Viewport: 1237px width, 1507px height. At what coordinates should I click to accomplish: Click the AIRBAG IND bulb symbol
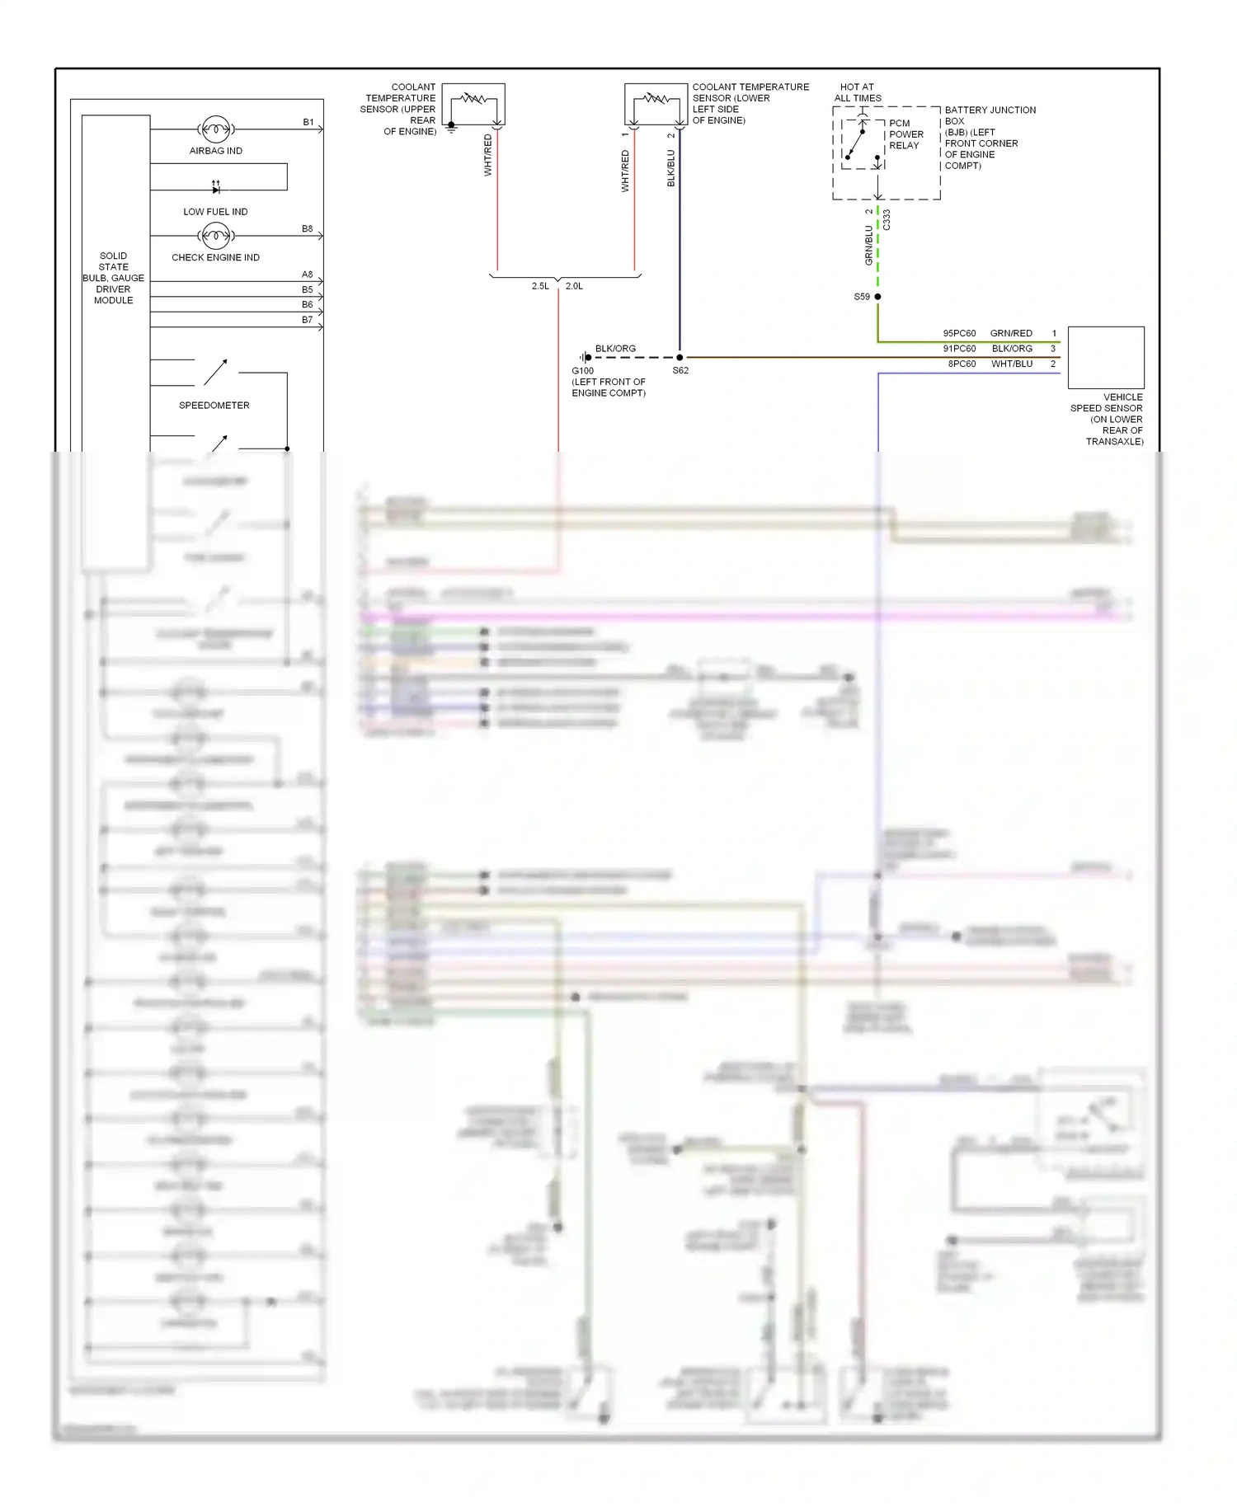pos(215,129)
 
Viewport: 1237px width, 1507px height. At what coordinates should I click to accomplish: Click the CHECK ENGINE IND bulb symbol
pos(215,236)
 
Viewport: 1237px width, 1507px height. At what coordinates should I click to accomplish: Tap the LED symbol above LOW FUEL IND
pos(216,189)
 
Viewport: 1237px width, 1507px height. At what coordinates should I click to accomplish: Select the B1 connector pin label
pos(308,122)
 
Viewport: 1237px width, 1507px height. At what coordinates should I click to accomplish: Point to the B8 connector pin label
pos(307,229)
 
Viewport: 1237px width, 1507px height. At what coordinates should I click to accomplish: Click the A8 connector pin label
pos(307,275)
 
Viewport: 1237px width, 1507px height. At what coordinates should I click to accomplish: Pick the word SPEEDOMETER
pos(214,406)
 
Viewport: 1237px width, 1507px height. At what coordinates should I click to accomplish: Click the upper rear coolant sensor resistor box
pos(473,104)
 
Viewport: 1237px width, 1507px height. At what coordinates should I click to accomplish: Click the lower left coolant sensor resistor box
pos(656,104)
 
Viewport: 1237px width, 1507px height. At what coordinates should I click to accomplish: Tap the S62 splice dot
pos(680,358)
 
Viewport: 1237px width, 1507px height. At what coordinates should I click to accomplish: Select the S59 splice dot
pos(877,297)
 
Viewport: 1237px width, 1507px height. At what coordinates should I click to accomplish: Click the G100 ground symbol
pos(584,358)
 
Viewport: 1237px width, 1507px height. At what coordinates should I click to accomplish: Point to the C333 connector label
pos(887,219)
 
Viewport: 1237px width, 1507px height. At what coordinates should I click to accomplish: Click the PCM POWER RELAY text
pos(905,134)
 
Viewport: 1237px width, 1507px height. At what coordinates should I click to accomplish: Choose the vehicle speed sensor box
pos(1106,357)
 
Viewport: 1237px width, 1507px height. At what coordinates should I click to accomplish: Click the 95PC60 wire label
pos(959,334)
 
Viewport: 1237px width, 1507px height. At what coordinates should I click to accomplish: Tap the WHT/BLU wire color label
pos(1012,364)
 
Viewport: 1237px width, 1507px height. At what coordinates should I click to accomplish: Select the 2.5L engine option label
pos(540,286)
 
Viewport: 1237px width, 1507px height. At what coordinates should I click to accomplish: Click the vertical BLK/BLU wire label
pos(671,168)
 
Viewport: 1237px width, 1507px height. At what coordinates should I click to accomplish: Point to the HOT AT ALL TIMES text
pos(858,92)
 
